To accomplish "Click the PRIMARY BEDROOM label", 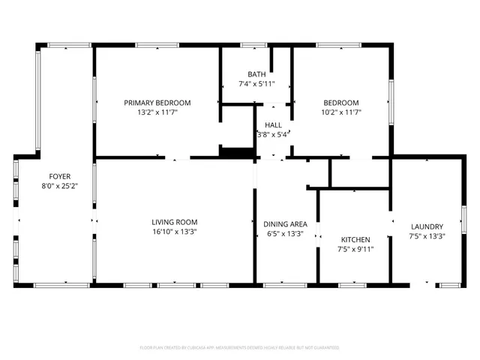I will pos(157,103).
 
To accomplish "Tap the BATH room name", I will pos(256,74).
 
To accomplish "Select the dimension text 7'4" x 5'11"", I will pos(256,84).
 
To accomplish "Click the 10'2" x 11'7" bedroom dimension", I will pos(340,112).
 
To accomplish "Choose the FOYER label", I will pos(60,176).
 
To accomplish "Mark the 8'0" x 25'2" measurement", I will pos(60,186).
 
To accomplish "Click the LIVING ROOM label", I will pos(174,222).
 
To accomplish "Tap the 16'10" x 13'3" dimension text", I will pos(174,232).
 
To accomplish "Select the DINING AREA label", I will pos(285,223).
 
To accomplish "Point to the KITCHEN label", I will pos(355,239).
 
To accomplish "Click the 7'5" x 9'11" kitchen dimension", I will pos(355,249).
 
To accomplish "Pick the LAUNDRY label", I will pos(427,226).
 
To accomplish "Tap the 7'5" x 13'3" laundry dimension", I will pos(427,236).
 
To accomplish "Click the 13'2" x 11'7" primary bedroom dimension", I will pos(157,112).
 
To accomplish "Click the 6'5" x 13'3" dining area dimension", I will pos(285,233).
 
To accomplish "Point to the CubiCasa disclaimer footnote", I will pos(240,348).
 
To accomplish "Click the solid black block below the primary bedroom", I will pos(237,151).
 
